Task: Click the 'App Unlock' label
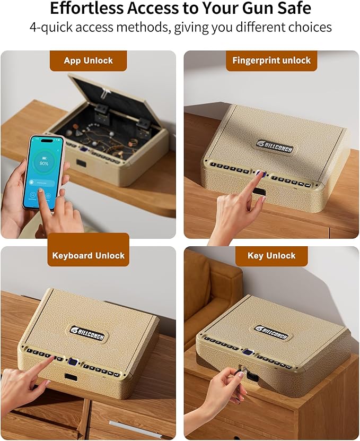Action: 88,60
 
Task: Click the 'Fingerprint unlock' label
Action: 271,60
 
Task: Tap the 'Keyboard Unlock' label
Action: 88,256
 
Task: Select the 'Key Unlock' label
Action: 271,256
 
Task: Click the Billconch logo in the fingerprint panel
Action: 276,143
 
